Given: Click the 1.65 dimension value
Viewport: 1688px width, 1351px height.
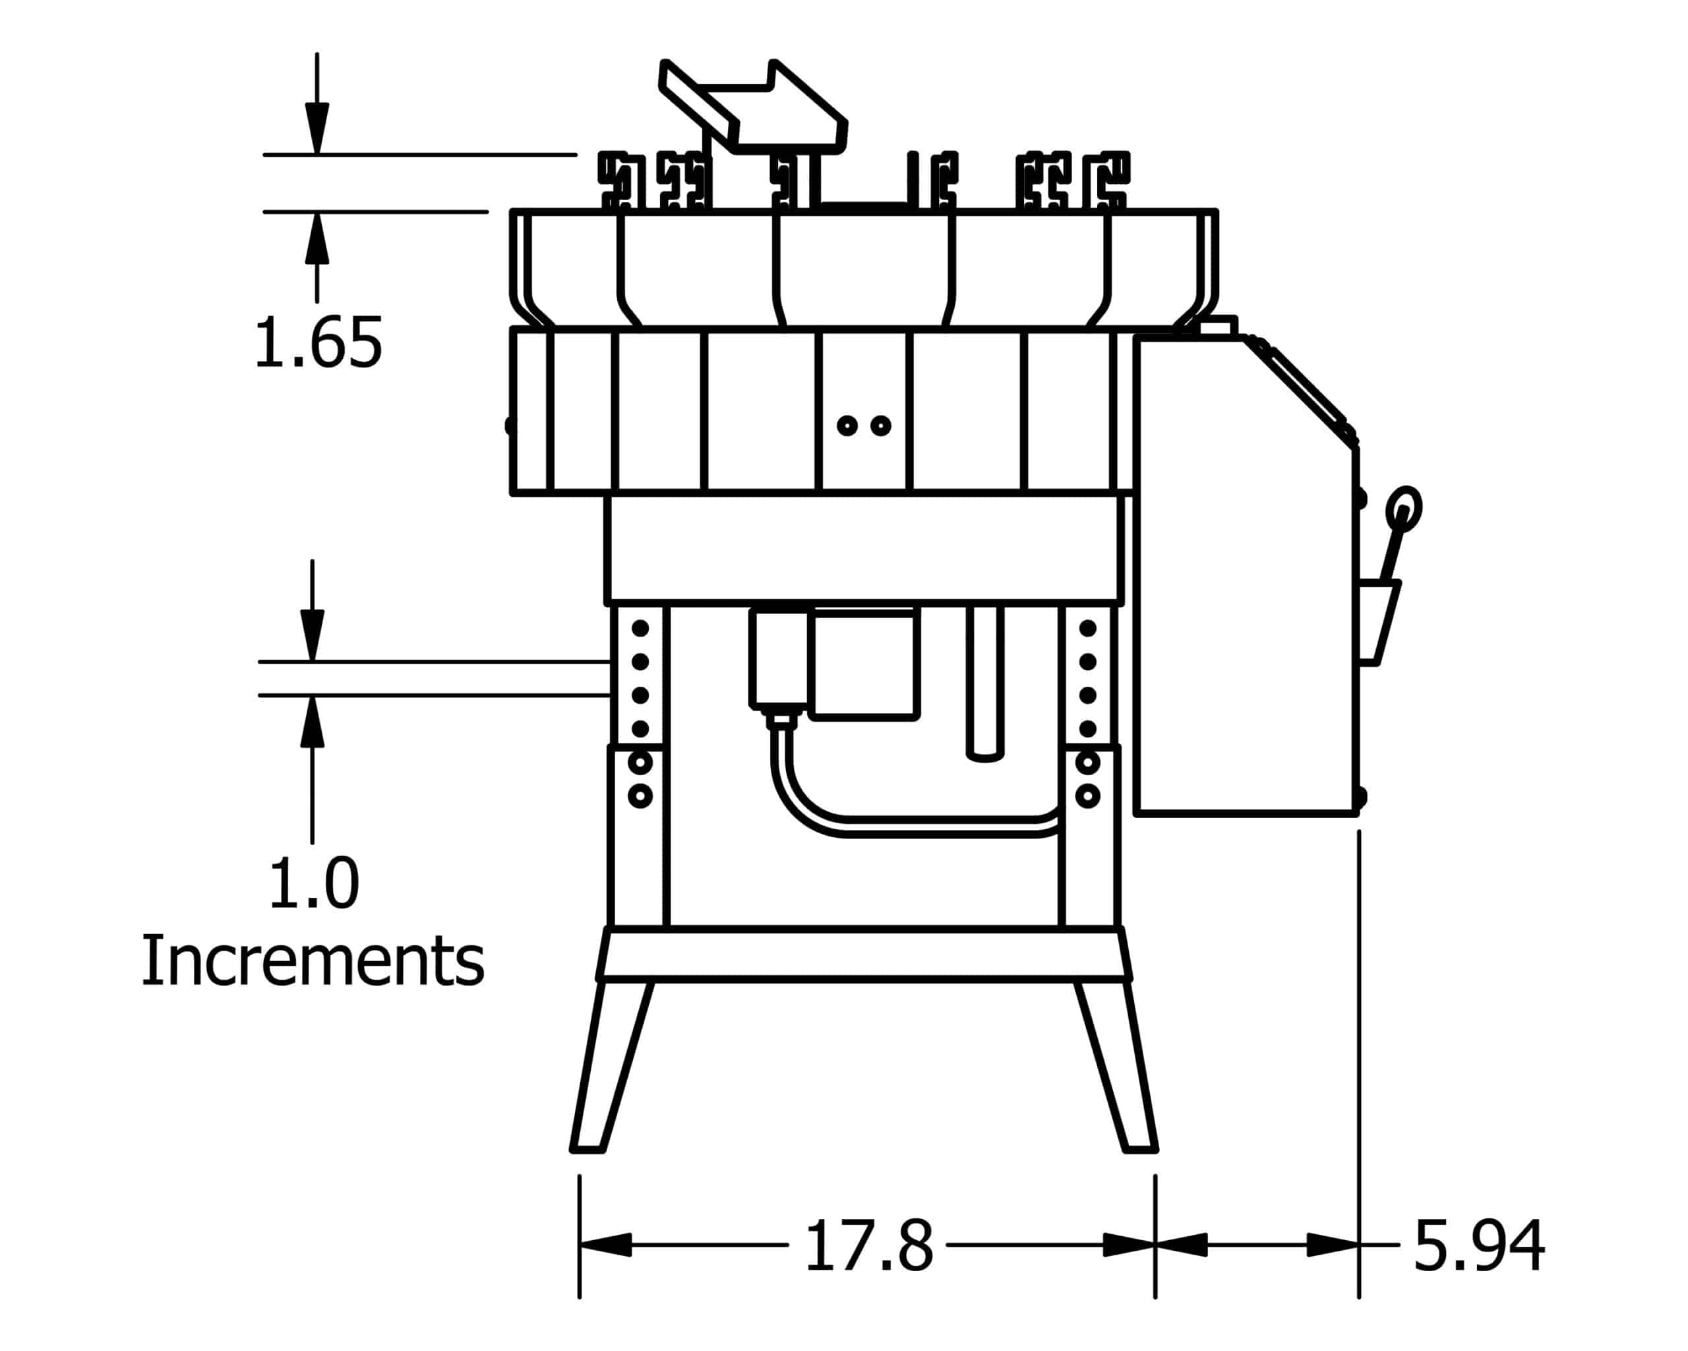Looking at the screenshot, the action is click(x=318, y=342).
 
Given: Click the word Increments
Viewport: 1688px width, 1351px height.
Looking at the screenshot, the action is click(x=313, y=961).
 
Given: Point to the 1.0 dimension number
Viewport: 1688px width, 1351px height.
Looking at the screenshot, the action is click(x=314, y=883).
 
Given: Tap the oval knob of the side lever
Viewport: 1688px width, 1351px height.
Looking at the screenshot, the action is click(x=1403, y=509).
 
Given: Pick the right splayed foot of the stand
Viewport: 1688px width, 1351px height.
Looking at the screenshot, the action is click(x=1117, y=1066).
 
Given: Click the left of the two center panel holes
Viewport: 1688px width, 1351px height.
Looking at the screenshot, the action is click(x=847, y=425).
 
